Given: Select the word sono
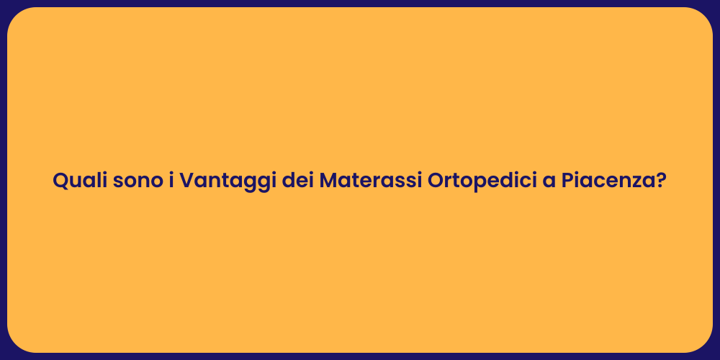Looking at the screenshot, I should pyautogui.click(x=137, y=180).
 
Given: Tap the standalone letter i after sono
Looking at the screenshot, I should pyautogui.click(x=171, y=180).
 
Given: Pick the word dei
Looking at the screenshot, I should pyautogui.click(x=297, y=180).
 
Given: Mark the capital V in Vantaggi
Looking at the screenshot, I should pyautogui.click(x=186, y=180).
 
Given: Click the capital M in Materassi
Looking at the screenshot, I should pyautogui.click(x=329, y=180).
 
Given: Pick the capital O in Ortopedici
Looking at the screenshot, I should pyautogui.click(x=436, y=180).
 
